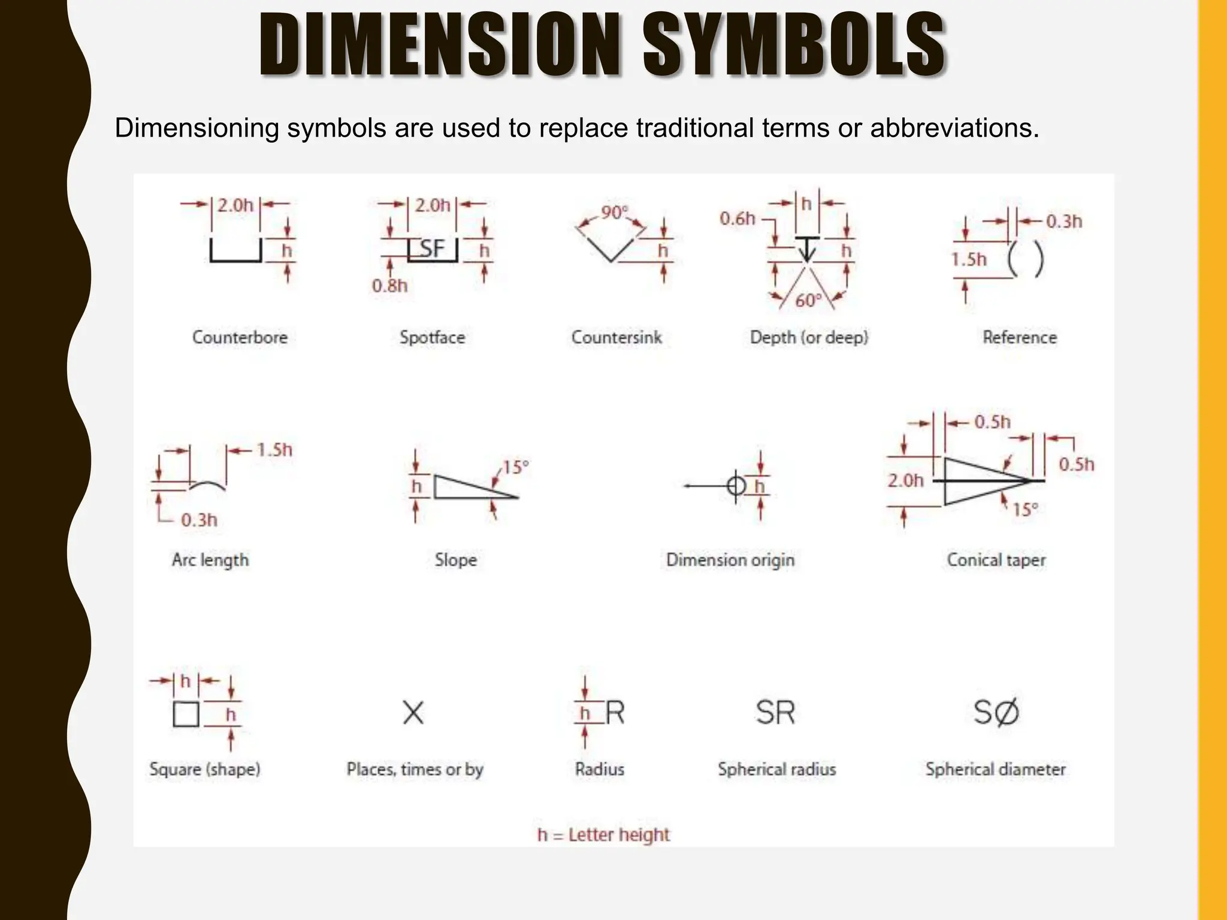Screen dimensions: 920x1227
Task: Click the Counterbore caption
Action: [x=240, y=337]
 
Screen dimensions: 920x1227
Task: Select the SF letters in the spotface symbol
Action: [x=432, y=249]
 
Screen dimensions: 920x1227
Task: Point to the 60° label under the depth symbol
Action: [x=808, y=300]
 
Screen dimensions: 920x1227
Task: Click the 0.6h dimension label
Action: [x=737, y=219]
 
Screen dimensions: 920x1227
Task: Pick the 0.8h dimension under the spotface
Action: [x=389, y=286]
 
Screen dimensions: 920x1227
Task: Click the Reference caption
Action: [x=1019, y=337]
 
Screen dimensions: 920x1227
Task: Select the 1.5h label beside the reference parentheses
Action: [x=969, y=259]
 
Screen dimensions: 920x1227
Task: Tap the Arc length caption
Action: [x=210, y=560]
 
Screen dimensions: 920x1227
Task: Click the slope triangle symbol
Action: [x=467, y=487]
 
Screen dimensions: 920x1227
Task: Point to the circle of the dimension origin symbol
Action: [x=736, y=485]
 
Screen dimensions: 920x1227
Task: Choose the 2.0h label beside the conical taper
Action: [x=905, y=480]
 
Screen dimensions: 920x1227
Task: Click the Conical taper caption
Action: [x=996, y=560]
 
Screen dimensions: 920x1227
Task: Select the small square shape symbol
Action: [x=186, y=714]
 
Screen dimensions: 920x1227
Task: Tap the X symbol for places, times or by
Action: [x=413, y=713]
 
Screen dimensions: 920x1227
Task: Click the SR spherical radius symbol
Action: [x=775, y=713]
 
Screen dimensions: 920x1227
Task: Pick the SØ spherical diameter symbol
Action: [x=996, y=713]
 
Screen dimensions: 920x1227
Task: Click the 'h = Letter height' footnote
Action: [x=603, y=834]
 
